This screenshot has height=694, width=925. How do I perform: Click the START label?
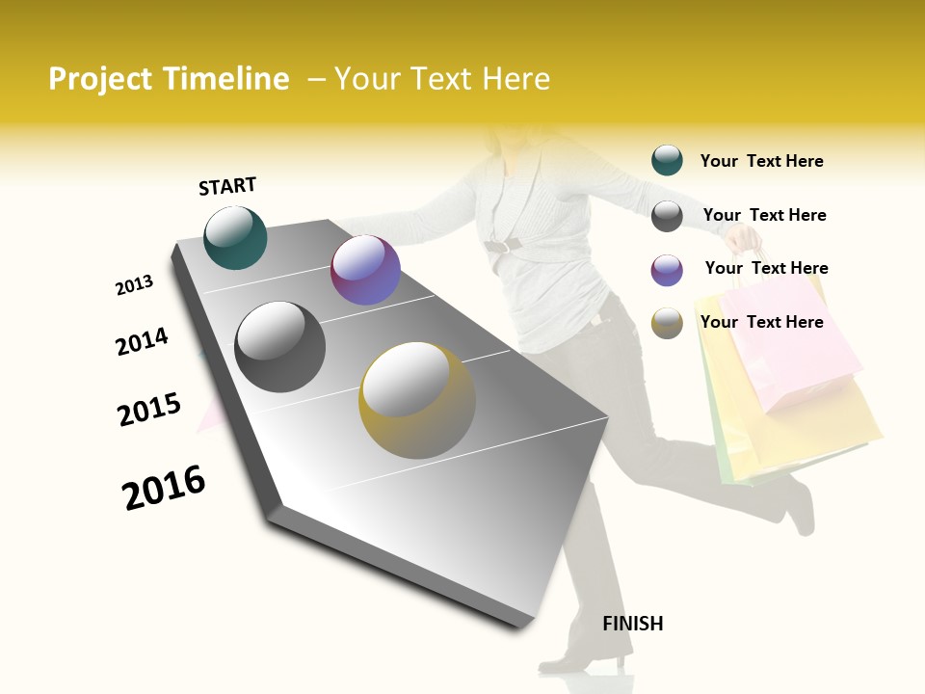pos(227,186)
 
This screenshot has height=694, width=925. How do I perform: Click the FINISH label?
pos(632,624)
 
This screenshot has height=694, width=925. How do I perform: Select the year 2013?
pos(134,285)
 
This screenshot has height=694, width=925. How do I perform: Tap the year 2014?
pos(142,341)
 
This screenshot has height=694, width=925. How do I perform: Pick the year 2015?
pos(149,410)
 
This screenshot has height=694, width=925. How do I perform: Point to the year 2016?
pos(164,488)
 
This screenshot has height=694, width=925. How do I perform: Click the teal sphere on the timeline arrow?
pos(235,237)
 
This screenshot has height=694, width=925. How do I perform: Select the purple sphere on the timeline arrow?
pos(365,271)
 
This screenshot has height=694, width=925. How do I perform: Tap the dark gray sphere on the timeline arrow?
pos(280,347)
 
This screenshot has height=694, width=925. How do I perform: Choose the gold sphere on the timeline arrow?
pos(416,400)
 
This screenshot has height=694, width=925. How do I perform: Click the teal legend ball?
pos(667,160)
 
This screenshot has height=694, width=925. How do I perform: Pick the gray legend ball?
pos(667,216)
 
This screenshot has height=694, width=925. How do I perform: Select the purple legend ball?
pos(667,270)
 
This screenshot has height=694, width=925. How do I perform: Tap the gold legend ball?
pos(667,323)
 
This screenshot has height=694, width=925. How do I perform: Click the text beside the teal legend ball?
pos(761,161)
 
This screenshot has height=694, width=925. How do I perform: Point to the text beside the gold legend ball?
pos(761,322)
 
